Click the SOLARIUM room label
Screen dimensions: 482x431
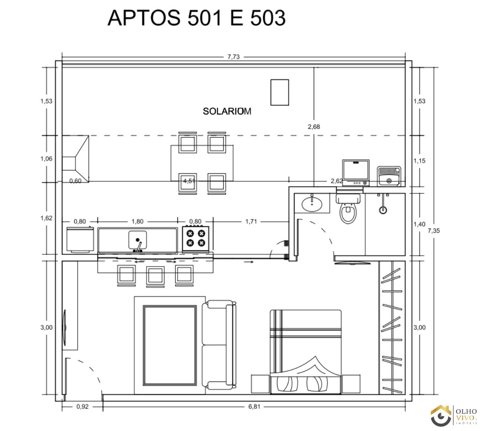click(x=227, y=111)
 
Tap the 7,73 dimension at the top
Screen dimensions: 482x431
click(x=233, y=57)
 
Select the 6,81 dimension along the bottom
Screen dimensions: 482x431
click(x=254, y=406)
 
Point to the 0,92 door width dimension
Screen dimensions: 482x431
click(x=82, y=406)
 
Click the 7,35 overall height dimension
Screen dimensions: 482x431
click(x=433, y=230)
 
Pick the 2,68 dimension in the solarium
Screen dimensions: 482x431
click(x=314, y=127)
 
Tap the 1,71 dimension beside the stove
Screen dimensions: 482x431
click(x=251, y=222)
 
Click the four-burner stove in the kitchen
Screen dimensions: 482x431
click(x=196, y=238)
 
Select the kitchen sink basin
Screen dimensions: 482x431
click(x=137, y=240)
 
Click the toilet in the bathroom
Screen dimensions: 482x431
click(x=348, y=209)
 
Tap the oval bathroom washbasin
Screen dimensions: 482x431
click(x=312, y=204)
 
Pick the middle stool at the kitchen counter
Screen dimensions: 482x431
click(x=155, y=277)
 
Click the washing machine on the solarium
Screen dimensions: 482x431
click(x=355, y=172)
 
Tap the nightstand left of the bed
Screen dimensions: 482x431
click(x=260, y=384)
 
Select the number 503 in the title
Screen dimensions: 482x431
click(x=268, y=18)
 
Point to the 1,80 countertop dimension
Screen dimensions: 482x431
click(x=137, y=222)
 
